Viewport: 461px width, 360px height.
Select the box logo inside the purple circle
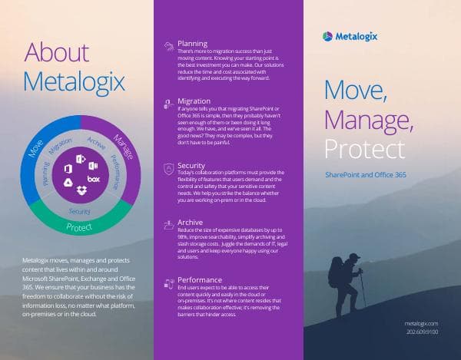point(94,179)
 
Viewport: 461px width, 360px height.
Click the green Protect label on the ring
point(80,226)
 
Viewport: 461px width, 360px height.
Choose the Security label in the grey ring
point(80,210)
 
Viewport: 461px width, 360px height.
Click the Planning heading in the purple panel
point(192,44)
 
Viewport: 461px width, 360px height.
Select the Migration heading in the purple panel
point(194,101)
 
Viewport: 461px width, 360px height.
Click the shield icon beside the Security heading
point(167,167)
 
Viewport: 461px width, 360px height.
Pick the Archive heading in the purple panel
point(190,222)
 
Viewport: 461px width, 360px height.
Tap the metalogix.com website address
point(423,325)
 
